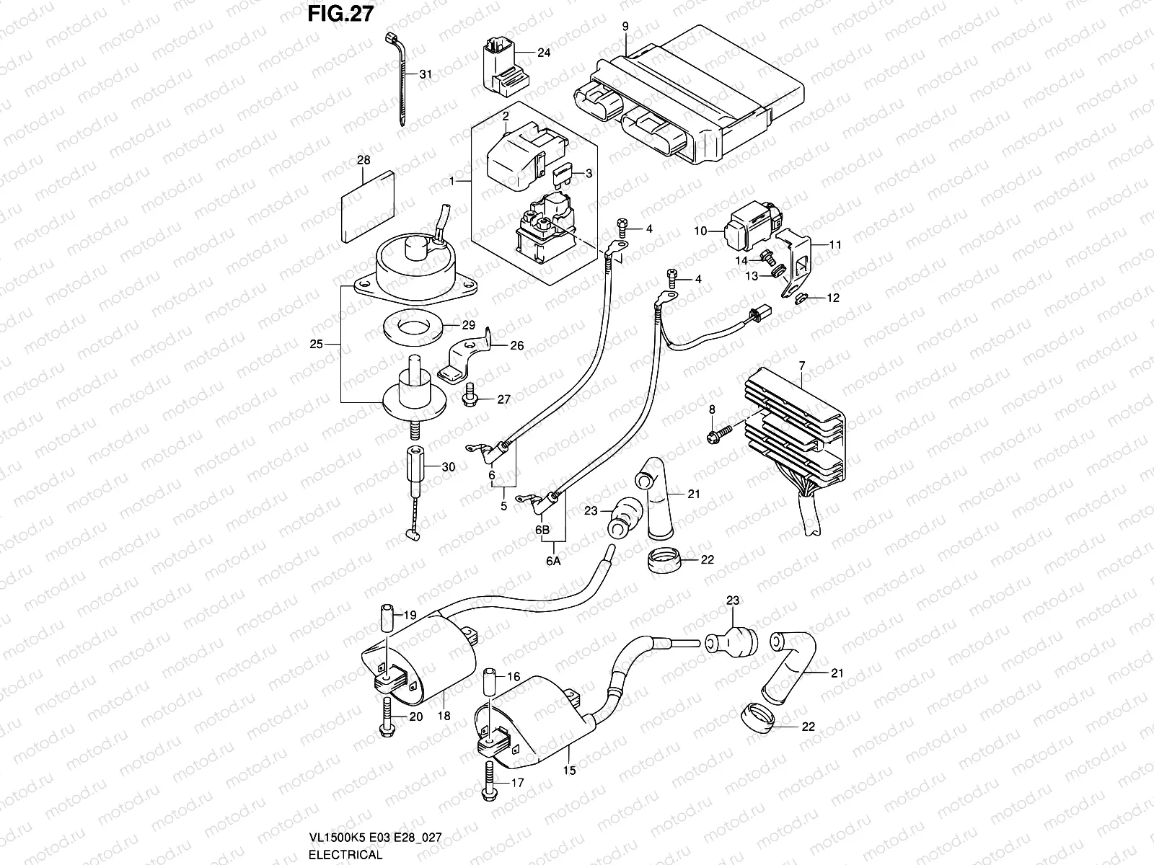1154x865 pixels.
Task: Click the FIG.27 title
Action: pos(340,14)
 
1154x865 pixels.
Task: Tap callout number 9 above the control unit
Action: pos(625,26)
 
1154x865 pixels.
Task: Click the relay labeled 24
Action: pos(505,66)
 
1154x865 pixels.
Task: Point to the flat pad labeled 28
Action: pos(368,206)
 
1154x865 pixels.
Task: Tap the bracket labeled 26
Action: pos(463,357)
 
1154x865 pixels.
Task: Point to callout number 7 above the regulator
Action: pos(802,366)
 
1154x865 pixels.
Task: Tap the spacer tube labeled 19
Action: pos(387,618)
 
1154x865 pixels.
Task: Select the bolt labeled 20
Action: pos(387,717)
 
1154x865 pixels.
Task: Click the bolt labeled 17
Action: pos(488,783)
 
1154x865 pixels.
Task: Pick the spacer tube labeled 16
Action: pos(489,681)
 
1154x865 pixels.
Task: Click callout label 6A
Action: pos(553,561)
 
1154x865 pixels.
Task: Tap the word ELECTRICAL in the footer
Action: pos(345,854)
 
